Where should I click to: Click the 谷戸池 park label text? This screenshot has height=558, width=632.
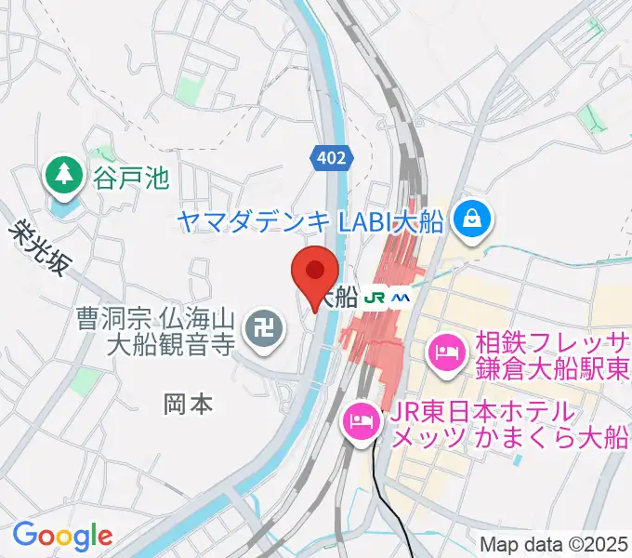130,175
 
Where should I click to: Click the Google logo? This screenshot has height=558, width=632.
62,536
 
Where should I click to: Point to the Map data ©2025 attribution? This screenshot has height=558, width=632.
553,544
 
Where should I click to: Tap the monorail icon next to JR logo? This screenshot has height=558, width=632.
401,298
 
